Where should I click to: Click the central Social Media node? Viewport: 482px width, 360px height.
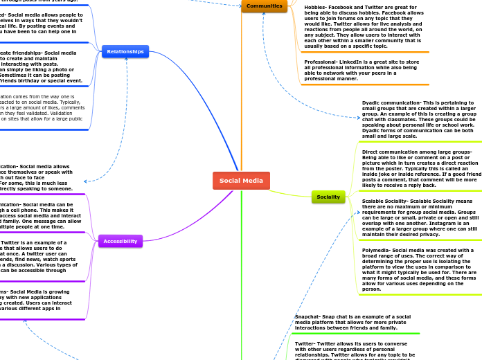[x=241, y=181]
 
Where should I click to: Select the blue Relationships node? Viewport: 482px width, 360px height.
[x=125, y=51]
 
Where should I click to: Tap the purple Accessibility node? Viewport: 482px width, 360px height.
[x=120, y=241]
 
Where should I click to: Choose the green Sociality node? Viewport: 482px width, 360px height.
[x=328, y=197]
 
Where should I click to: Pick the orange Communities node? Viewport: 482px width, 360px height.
[x=264, y=6]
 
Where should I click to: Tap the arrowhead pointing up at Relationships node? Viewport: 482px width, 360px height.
[x=126, y=60]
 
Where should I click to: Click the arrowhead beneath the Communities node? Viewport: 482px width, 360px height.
[x=264, y=15]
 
